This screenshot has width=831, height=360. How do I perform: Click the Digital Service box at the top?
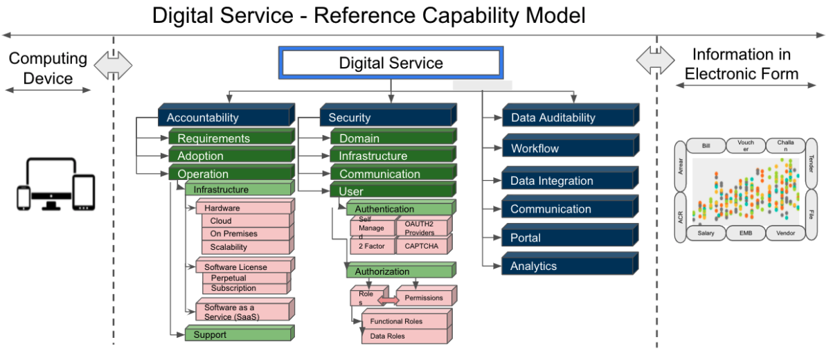[x=391, y=64]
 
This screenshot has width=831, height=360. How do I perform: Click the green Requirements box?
[x=231, y=138]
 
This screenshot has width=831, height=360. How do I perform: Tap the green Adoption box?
[x=231, y=156]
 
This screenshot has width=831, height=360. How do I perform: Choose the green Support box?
[x=237, y=335]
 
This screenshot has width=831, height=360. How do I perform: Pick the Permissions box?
[x=423, y=298]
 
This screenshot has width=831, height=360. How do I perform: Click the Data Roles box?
[x=405, y=336]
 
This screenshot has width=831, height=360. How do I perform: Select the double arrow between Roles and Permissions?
[x=388, y=299]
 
